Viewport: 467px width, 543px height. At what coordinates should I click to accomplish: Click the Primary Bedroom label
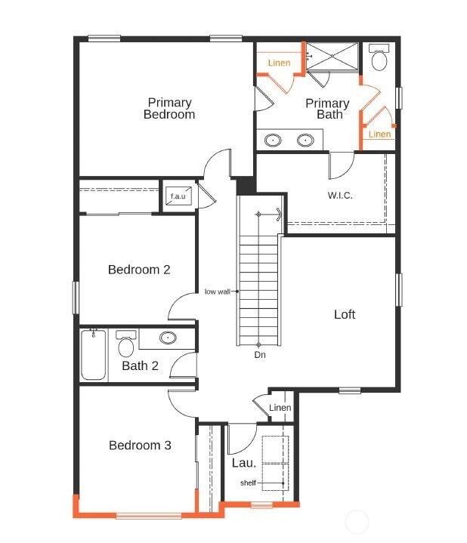[169, 109]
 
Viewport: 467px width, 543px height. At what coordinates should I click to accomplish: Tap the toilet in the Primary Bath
[379, 57]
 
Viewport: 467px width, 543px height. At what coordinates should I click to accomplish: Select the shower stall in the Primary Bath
[332, 57]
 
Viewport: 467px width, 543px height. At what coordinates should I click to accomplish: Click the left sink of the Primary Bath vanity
[273, 140]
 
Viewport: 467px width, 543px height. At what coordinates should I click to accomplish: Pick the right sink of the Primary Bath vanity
[305, 140]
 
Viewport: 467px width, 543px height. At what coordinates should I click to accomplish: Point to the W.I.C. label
[340, 196]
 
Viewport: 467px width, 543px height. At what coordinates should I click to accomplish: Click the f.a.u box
[178, 196]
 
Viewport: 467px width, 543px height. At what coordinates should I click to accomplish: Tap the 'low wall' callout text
[217, 292]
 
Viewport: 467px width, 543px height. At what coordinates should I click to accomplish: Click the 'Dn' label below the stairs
[260, 355]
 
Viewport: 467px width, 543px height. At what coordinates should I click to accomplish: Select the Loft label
[345, 314]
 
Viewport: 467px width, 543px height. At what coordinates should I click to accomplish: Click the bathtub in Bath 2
[94, 355]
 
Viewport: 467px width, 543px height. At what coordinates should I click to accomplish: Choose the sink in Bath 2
[168, 338]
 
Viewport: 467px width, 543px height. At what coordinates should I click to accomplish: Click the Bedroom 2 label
[139, 270]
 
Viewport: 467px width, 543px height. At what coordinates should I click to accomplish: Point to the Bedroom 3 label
[140, 445]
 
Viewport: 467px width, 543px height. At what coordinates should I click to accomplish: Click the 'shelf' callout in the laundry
[248, 483]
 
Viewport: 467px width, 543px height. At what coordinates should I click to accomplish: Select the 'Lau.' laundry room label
[244, 463]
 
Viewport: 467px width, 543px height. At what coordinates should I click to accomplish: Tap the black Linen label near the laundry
[280, 408]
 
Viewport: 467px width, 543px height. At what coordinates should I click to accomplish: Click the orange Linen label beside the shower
[280, 63]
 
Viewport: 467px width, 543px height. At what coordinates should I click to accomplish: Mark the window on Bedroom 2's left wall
[75, 298]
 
